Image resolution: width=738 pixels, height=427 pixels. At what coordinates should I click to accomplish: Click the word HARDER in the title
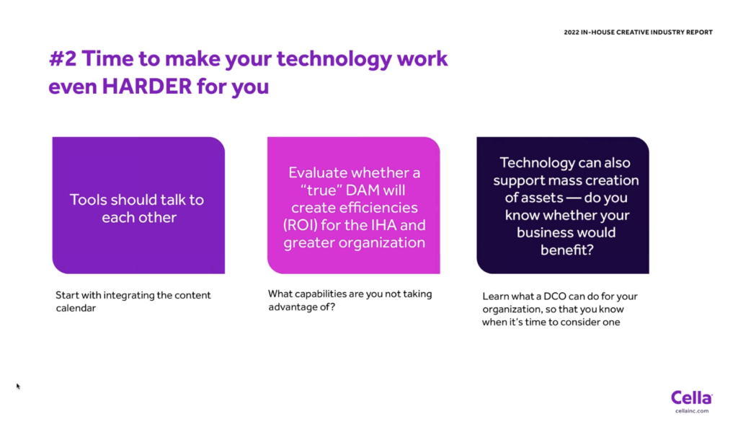click(x=147, y=87)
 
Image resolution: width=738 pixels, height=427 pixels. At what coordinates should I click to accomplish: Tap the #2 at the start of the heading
click(x=63, y=59)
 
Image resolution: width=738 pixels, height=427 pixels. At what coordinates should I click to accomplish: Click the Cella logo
click(x=691, y=397)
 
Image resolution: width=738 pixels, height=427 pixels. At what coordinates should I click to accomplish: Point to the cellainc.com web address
click(x=691, y=411)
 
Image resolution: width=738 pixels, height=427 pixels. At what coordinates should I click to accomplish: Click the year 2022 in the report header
click(x=572, y=32)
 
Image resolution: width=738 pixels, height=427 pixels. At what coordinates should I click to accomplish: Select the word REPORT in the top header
click(x=699, y=32)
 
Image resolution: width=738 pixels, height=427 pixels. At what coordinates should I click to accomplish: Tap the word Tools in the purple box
click(x=89, y=200)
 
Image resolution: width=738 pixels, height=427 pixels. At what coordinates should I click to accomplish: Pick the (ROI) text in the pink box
click(x=301, y=225)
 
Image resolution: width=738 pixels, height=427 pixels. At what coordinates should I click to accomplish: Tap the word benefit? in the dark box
click(x=566, y=250)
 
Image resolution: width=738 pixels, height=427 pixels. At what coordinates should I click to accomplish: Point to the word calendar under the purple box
click(x=76, y=308)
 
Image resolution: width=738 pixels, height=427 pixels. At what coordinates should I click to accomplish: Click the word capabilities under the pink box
click(x=318, y=294)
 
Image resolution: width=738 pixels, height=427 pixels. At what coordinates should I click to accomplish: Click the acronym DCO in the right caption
click(x=555, y=296)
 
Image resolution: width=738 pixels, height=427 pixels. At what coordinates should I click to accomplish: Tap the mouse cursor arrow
click(x=18, y=387)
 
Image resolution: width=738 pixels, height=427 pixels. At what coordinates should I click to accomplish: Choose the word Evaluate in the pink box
click(x=319, y=173)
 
